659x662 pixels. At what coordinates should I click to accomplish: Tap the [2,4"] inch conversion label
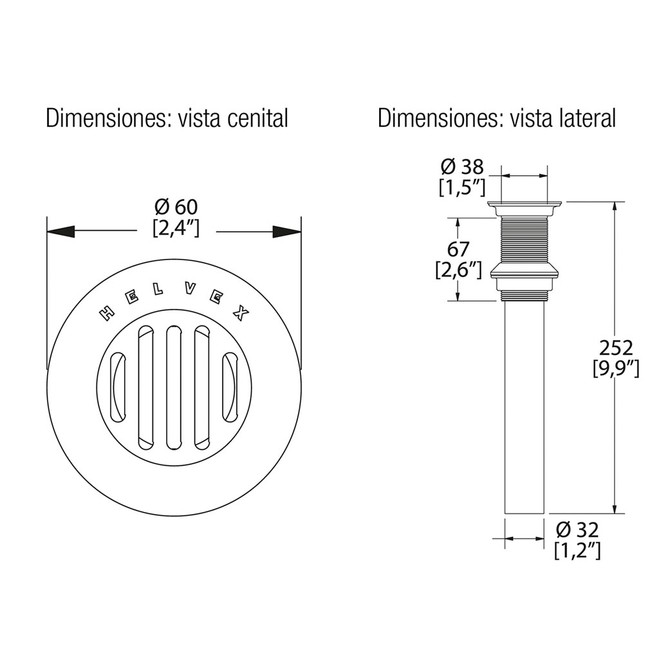click(x=176, y=229)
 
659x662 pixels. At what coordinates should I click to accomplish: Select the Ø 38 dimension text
click(x=462, y=167)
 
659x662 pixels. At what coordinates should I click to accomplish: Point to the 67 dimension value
click(x=458, y=249)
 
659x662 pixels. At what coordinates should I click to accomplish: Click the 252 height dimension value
click(x=616, y=348)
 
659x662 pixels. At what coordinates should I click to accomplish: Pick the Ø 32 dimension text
click(x=577, y=529)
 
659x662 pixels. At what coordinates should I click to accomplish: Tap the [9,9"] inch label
click(x=616, y=369)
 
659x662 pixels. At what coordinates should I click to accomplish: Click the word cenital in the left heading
click(x=257, y=118)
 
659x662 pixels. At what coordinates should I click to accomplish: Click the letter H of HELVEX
click(x=107, y=314)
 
